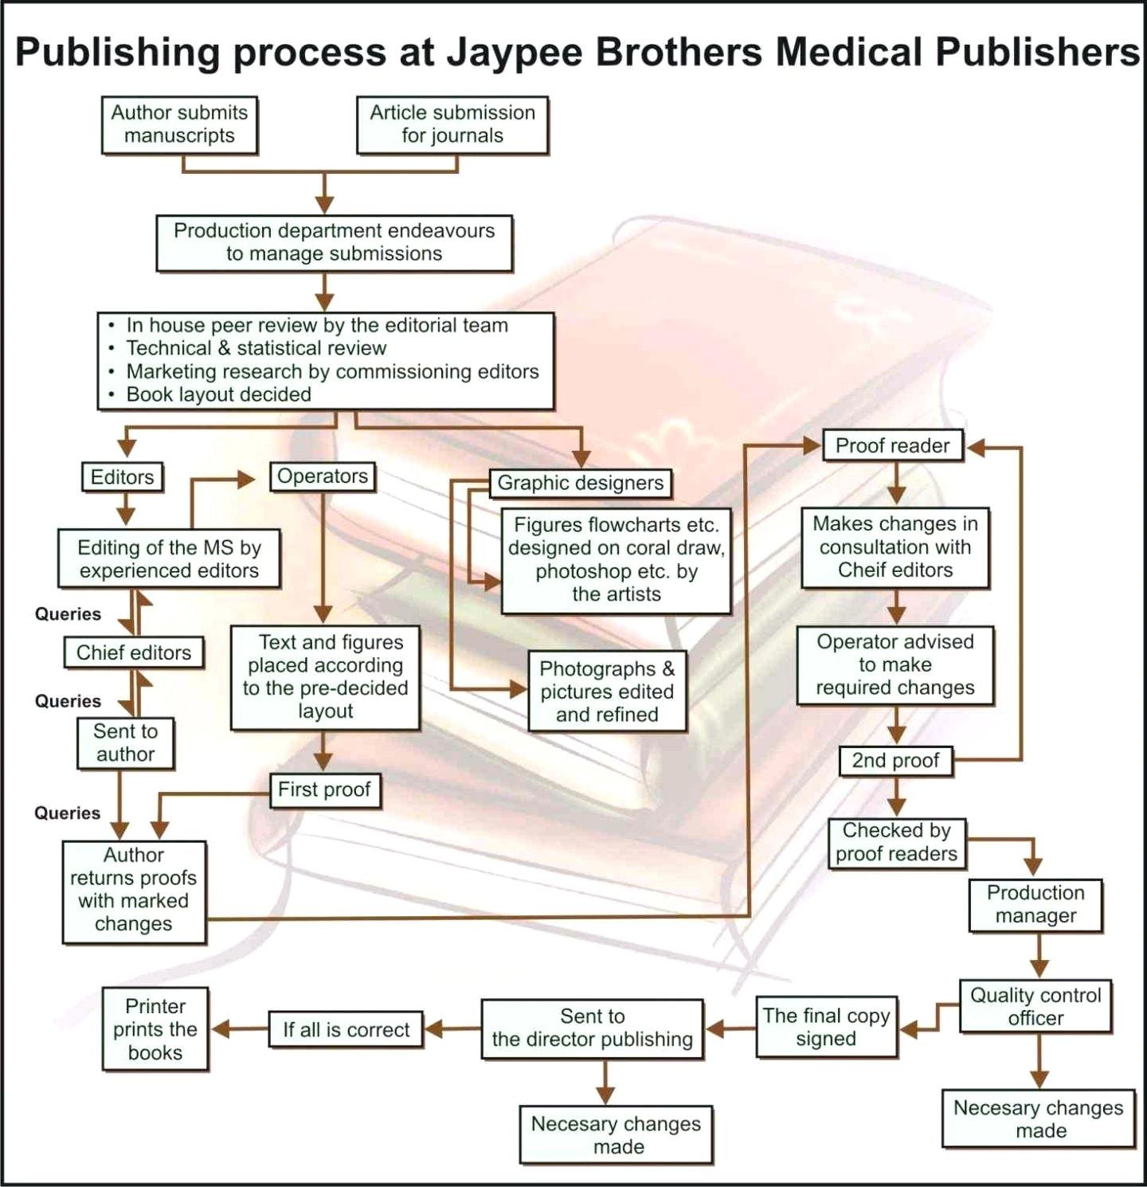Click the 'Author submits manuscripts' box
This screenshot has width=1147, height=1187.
(180, 125)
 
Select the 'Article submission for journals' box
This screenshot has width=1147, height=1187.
(452, 125)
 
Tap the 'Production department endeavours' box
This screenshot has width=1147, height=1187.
(335, 243)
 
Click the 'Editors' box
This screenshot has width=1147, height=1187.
(123, 477)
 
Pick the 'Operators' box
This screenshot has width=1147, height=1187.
(323, 476)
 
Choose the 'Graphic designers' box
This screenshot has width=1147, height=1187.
(581, 483)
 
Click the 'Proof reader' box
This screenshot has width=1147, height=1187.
(893, 446)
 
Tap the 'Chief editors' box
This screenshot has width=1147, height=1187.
(134, 653)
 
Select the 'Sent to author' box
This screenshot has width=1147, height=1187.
(126, 743)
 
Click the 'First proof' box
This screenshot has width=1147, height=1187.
(324, 790)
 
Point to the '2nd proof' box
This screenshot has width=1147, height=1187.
(896, 761)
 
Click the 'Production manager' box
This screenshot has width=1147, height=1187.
(1035, 905)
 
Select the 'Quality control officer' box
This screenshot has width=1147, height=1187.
(1035, 1007)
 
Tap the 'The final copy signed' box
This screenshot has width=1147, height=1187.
(827, 1028)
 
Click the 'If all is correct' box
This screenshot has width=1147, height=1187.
(346, 1030)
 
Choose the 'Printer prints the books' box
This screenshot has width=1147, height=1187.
(155, 1029)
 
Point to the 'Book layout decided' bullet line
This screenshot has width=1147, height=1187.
(210, 394)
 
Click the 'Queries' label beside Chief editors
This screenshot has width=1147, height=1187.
(68, 614)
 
